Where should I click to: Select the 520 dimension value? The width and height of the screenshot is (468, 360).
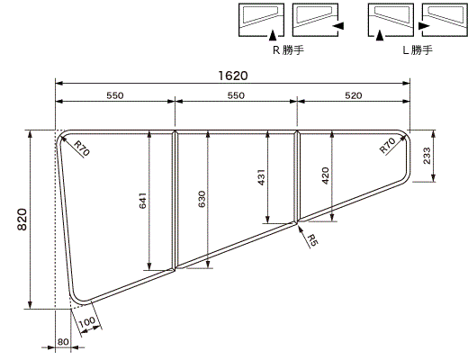354,94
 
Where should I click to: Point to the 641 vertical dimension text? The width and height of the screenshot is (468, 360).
142,201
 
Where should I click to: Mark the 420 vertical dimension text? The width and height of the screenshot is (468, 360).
325,175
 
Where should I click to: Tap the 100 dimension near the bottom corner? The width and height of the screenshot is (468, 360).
87,321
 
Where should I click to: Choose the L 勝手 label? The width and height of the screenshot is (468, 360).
416,51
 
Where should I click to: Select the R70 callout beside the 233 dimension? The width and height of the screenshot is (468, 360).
388,147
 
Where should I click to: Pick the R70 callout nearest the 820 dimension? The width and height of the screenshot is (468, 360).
80,148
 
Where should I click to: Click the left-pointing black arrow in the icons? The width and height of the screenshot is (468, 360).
337,28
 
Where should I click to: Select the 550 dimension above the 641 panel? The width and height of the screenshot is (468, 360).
114,94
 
